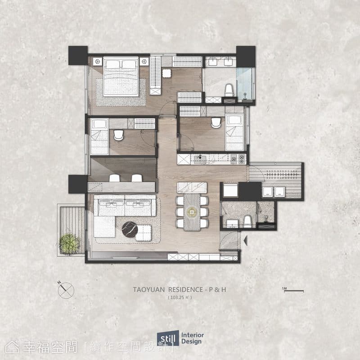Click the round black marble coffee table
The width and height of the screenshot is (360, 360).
pyautogui.click(x=130, y=229)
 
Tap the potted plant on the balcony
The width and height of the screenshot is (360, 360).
pyautogui.click(x=69, y=244)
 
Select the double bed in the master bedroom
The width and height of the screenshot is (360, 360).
pyautogui.click(x=121, y=76)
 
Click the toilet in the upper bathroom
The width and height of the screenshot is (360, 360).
pyautogui.click(x=229, y=90)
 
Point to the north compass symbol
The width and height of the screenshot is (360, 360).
pyautogui.click(x=66, y=290)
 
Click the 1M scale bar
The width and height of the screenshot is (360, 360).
pyautogui.click(x=294, y=291)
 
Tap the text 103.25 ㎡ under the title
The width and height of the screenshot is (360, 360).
pyautogui.click(x=180, y=297)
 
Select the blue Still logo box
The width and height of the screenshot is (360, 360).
pyautogui.click(x=168, y=338)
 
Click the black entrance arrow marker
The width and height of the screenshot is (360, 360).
pyautogui.click(x=245, y=240)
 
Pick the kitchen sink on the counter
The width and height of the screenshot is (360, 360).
pyautogui.click(x=200, y=159)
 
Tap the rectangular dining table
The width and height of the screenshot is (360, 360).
pyautogui.click(x=192, y=212)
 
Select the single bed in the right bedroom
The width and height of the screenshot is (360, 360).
pyautogui.click(x=234, y=133)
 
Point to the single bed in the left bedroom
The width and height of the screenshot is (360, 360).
pyautogui.click(x=99, y=136)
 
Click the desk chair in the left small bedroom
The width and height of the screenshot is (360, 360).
pyautogui.click(x=118, y=135)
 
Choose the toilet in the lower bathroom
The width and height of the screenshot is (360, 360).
pyautogui.click(x=247, y=221)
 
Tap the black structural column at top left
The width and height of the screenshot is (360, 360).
pyautogui.click(x=78, y=55)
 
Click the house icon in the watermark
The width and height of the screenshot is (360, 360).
pyautogui.click(x=12, y=347)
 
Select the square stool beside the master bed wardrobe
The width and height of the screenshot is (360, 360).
pyautogui.click(x=166, y=73)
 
